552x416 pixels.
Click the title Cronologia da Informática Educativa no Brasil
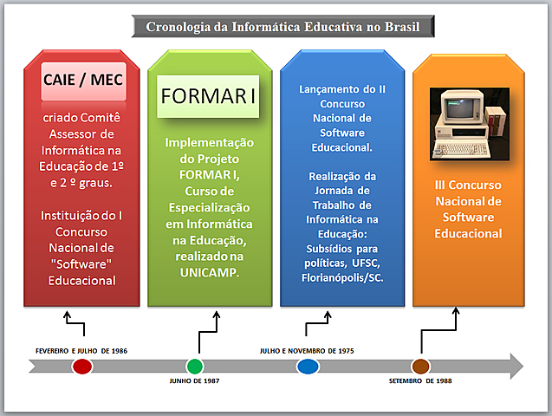pos(283,27)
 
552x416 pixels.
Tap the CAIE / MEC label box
pos(83,81)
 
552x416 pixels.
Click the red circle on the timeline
pos(82,366)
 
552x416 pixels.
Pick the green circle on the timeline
pos(195,366)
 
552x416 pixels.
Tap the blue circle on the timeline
pos(308,366)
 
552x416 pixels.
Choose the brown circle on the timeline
pos(421,366)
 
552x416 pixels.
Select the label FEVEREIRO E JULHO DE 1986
pos(81,350)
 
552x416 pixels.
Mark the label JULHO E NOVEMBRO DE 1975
pos(307,350)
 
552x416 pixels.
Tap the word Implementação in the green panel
pos(210,142)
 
